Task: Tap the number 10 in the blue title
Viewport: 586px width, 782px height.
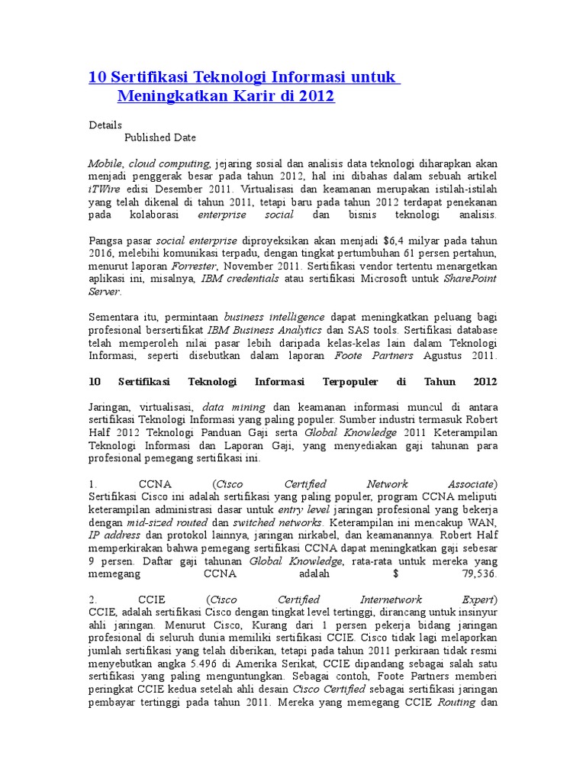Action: pyautogui.click(x=98, y=77)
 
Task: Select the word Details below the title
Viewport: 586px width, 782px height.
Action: pyautogui.click(x=105, y=124)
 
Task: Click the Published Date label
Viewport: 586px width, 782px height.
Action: pyautogui.click(x=160, y=137)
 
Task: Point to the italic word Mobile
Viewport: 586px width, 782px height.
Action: pyautogui.click(x=106, y=163)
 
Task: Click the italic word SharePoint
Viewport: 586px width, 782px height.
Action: pyautogui.click(x=470, y=279)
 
